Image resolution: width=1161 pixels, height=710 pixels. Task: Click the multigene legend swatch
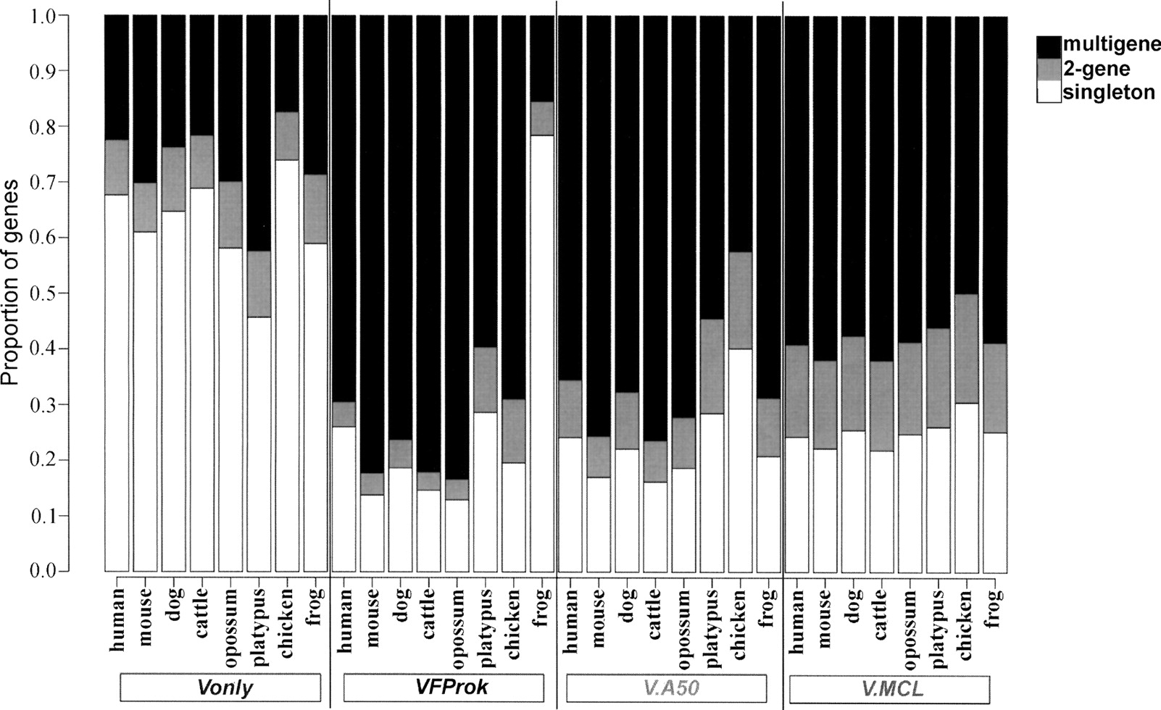(x=1048, y=45)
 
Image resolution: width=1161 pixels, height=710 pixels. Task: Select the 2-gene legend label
(x=1096, y=69)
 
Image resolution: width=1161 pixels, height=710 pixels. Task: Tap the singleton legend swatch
(x=1048, y=92)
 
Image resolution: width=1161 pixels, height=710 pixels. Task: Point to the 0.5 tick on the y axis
(x=63, y=293)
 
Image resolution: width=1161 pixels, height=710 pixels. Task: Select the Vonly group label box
(x=220, y=688)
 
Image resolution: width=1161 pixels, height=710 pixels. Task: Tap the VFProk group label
(x=443, y=688)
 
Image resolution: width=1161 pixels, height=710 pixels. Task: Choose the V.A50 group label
(x=666, y=688)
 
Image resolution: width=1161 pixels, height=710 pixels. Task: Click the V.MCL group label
(x=889, y=688)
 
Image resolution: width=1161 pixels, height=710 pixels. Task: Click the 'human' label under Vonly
(x=117, y=619)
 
